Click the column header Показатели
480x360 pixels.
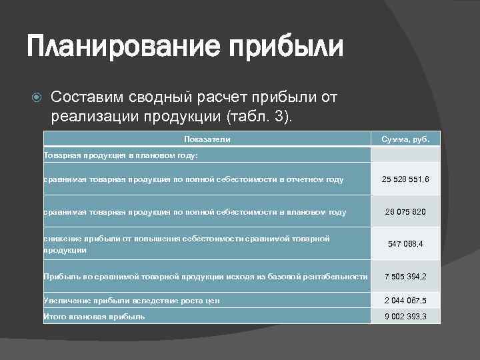click(207, 139)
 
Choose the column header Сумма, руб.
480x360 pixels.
click(405, 139)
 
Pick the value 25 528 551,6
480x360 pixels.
click(405, 179)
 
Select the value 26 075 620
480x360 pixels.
click(405, 212)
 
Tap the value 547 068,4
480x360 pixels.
click(405, 244)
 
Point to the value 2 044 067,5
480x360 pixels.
click(405, 301)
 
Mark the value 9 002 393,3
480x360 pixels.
click(405, 317)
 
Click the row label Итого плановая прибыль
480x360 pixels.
click(94, 317)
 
